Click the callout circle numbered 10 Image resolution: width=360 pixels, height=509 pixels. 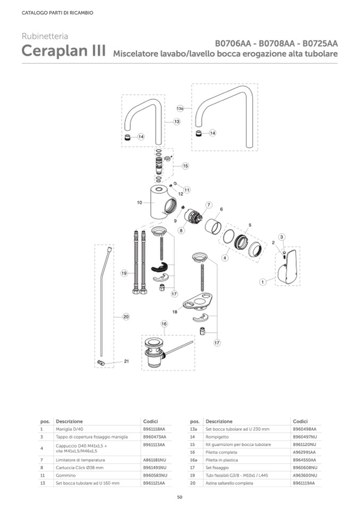[139, 202]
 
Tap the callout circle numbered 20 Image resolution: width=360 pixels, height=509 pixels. [126, 316]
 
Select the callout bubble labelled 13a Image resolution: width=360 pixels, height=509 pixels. [180, 108]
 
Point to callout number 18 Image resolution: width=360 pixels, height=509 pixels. [174, 312]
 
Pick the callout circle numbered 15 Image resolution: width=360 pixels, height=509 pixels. [185, 166]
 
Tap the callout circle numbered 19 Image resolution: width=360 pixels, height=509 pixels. [124, 273]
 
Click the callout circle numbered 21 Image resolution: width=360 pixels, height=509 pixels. [126, 361]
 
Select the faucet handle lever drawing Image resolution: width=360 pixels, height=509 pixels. [287, 269]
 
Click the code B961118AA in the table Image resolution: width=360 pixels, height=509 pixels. [154, 428]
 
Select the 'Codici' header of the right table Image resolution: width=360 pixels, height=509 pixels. [301, 421]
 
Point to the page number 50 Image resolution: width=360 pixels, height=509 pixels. [179, 497]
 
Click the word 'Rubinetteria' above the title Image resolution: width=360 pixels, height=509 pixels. [45, 36]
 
